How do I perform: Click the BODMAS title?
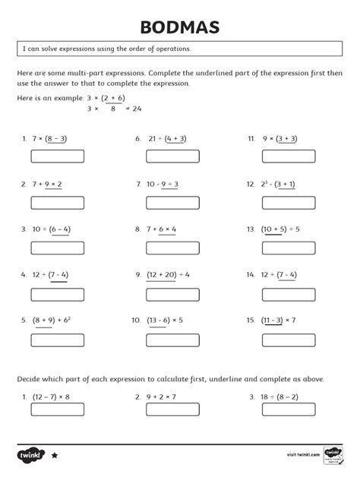coord(180,28)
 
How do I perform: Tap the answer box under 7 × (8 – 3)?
coord(57,157)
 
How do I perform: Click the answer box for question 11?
coord(288,157)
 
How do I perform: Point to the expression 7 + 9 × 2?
coord(47,184)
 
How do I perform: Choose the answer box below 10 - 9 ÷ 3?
coord(172,203)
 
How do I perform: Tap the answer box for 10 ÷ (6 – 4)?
coord(57,248)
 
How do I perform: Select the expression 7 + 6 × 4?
coord(161,229)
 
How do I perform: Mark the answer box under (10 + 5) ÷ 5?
coord(288,248)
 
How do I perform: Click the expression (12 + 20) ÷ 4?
coord(168,274)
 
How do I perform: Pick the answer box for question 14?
coord(288,294)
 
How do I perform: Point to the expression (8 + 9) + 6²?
coord(52,320)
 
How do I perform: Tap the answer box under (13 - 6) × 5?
coord(172,339)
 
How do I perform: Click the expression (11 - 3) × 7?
coord(278,320)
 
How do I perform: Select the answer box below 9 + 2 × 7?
coord(172,409)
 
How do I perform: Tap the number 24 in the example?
coord(137,109)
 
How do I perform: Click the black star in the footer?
coord(55,456)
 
